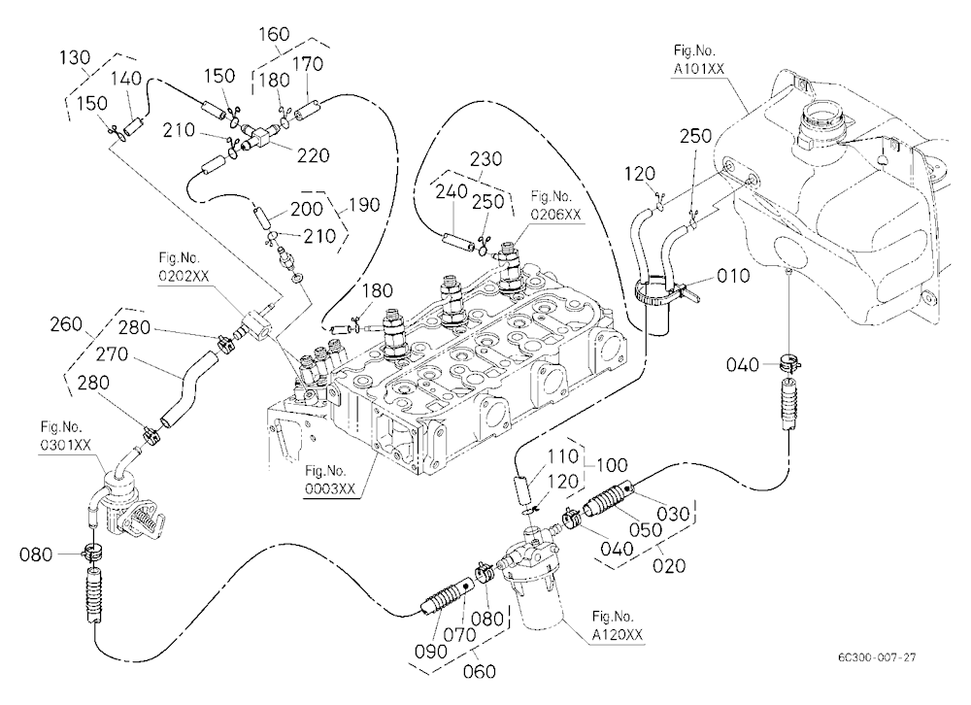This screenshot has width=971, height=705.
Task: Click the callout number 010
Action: tap(733, 276)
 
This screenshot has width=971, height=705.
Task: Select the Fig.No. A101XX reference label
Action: tap(698, 59)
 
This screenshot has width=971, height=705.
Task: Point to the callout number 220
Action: tap(314, 154)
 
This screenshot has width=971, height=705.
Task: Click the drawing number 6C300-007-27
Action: tap(877, 657)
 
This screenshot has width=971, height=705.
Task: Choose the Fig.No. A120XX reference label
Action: tap(617, 625)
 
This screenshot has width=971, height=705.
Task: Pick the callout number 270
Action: tap(112, 354)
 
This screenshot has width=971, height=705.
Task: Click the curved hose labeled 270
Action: tap(187, 388)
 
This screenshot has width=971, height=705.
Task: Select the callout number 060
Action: tap(480, 671)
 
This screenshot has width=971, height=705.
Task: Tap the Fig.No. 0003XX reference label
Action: tap(330, 480)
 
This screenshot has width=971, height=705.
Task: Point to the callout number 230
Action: tap(485, 159)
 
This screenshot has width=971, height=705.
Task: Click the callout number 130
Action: tap(75, 57)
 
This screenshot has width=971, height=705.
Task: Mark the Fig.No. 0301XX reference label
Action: tap(66, 436)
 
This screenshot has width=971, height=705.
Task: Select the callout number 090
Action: tap(430, 651)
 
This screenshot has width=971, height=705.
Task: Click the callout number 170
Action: tap(307, 64)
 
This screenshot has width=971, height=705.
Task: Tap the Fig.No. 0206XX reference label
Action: tap(556, 206)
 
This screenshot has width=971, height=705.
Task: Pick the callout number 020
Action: tap(669, 565)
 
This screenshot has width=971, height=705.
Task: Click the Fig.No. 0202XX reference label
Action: tap(184, 268)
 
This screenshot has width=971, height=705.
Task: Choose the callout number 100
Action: tap(611, 464)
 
